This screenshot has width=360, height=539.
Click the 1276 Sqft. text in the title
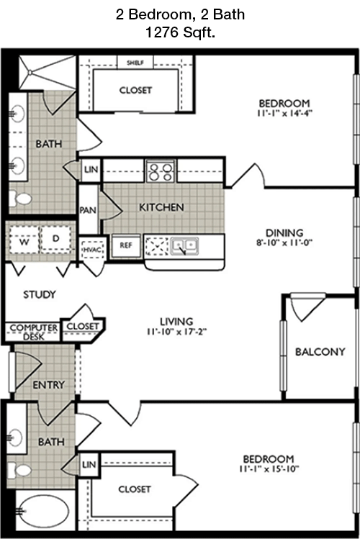[179, 32]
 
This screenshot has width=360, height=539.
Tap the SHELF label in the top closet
[135, 63]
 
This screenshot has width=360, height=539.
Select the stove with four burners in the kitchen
[160, 171]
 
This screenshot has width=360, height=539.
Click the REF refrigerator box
[126, 245]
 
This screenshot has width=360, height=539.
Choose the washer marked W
[24, 240]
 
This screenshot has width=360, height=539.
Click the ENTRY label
[48, 385]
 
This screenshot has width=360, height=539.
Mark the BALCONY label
[320, 352]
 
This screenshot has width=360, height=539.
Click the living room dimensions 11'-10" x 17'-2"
[176, 332]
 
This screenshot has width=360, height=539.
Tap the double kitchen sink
[182, 246]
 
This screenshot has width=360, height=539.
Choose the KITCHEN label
[161, 207]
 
